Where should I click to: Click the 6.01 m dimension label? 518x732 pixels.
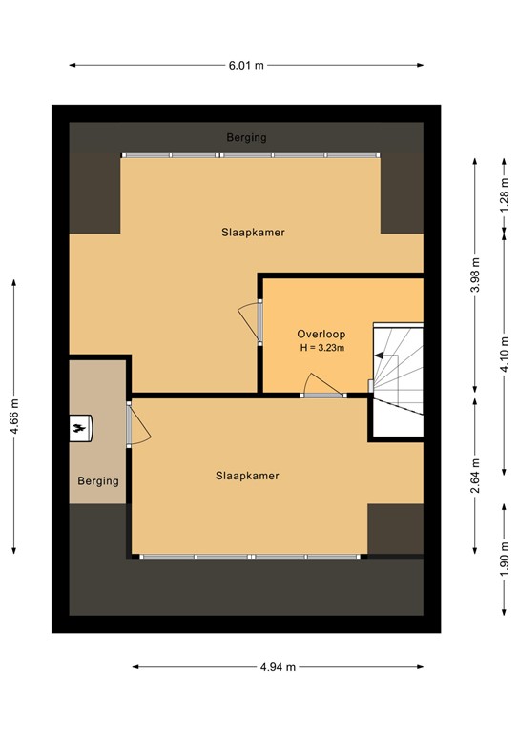click(x=246, y=66)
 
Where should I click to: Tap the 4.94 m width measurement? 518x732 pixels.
click(x=278, y=667)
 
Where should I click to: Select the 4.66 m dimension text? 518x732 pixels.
click(x=14, y=416)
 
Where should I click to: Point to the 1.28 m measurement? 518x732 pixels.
click(x=504, y=195)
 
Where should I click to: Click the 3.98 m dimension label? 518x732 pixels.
click(x=475, y=275)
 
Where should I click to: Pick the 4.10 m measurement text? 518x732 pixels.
click(x=504, y=355)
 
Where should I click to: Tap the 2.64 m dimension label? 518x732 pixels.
click(x=475, y=476)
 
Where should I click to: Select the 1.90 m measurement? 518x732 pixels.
click(x=504, y=559)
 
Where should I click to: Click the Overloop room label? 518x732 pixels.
click(x=321, y=334)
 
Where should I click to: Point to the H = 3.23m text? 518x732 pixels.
click(x=322, y=348)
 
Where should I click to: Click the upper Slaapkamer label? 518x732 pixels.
click(x=253, y=232)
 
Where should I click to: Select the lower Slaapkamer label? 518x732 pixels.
click(x=248, y=476)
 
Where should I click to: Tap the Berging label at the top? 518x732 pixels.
click(x=247, y=137)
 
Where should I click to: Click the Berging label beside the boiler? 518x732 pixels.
click(x=98, y=480)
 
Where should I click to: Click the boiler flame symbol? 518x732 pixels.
click(x=80, y=428)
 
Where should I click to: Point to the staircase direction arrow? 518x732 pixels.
click(x=380, y=356)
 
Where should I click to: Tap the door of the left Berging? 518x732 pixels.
click(x=138, y=424)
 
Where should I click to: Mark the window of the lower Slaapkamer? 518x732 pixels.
click(x=250, y=557)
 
